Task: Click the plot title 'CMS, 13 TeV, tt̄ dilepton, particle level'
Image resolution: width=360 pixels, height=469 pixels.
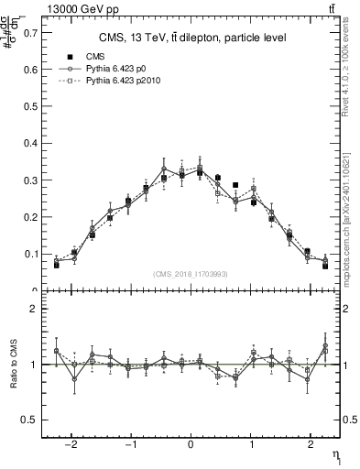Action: (x=192, y=38)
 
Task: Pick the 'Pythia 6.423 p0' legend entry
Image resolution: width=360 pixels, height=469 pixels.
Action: (x=120, y=69)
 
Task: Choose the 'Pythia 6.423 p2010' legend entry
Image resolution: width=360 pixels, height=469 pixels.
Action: (x=127, y=82)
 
